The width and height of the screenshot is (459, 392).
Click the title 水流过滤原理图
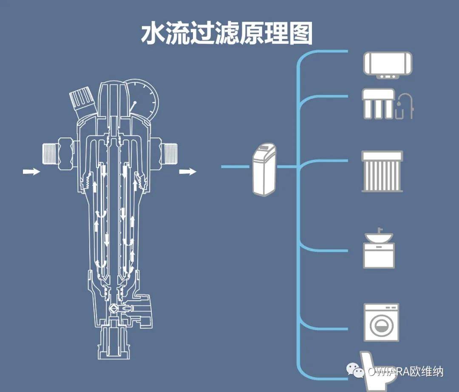(x=227, y=34)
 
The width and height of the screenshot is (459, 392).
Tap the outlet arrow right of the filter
(x=187, y=172)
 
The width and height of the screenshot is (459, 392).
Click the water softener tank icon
(x=264, y=169)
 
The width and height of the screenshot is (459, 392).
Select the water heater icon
(x=388, y=65)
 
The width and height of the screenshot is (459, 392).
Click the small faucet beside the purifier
(x=405, y=106)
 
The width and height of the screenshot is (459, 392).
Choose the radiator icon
(x=382, y=172)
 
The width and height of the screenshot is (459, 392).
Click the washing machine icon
(x=381, y=322)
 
